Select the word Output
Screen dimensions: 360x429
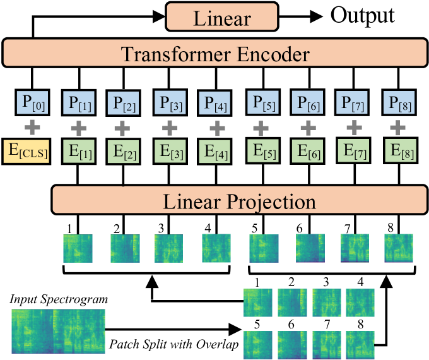(363, 15)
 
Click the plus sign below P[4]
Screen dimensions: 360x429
(216, 128)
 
